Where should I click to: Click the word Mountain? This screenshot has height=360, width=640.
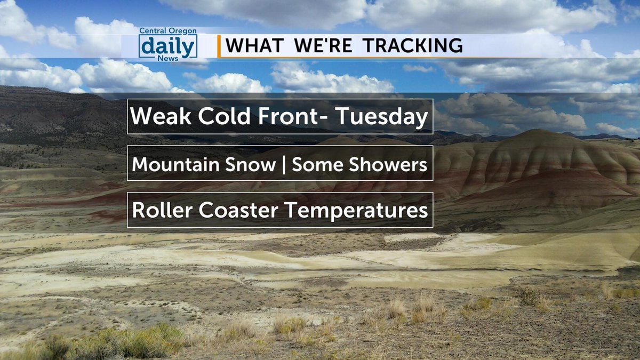tap(175, 164)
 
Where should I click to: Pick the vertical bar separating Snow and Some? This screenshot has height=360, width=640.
tap(283, 164)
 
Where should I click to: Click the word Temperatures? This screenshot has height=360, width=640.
tap(356, 210)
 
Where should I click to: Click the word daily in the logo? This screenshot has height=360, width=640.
tap(167, 46)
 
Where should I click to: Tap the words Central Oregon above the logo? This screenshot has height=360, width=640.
tap(167, 31)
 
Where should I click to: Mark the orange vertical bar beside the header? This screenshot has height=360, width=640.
tap(219, 46)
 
